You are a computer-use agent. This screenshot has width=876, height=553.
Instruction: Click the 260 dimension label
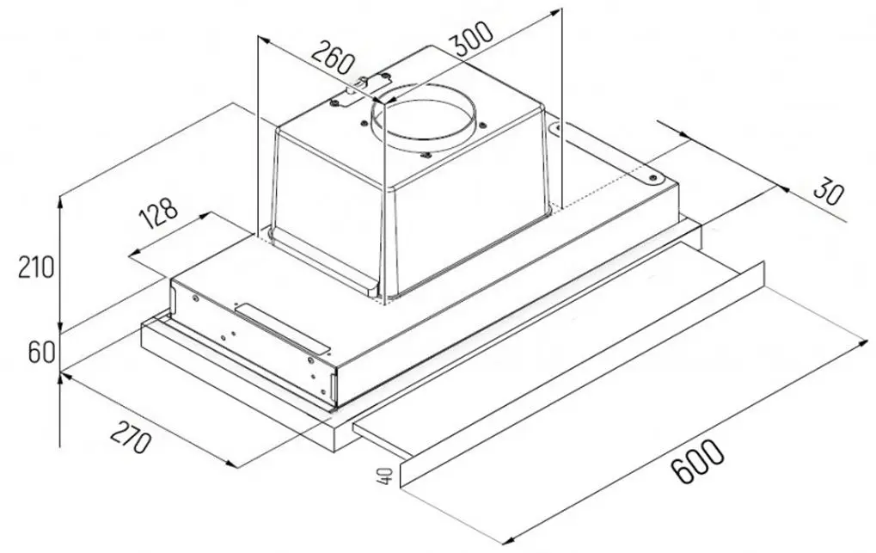[333, 58]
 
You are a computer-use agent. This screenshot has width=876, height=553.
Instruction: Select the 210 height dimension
[36, 267]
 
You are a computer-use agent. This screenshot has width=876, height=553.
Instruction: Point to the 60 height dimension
[41, 353]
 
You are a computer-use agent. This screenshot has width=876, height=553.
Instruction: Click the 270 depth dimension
[130, 436]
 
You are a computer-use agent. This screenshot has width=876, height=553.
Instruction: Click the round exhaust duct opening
[421, 120]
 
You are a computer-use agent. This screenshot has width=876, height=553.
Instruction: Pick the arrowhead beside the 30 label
[782, 187]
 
